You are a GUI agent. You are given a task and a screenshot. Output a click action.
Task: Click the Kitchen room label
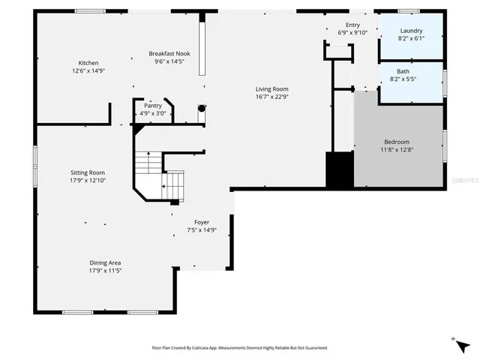click(88, 63)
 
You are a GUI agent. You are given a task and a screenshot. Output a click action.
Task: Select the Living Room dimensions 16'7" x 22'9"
click(272, 97)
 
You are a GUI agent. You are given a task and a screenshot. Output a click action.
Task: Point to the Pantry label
click(152, 106)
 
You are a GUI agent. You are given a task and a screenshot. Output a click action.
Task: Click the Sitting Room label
click(88, 172)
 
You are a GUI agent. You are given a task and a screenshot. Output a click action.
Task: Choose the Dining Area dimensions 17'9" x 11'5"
click(105, 271)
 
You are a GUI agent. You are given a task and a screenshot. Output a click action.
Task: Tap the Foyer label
click(202, 223)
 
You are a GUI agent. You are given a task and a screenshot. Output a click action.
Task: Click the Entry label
click(352, 25)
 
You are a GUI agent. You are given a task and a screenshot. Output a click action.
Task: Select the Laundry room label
click(412, 31)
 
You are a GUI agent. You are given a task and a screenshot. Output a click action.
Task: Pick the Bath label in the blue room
click(403, 71)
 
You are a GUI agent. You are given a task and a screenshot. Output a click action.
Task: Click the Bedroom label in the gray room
click(397, 142)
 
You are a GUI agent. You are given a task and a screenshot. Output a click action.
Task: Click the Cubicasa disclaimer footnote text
click(240, 348)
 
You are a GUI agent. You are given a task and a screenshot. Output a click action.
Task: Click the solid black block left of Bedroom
click(339, 169)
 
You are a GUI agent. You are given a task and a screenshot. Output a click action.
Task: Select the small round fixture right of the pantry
click(201, 108)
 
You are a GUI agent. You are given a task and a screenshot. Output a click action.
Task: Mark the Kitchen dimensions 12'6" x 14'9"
click(88, 71)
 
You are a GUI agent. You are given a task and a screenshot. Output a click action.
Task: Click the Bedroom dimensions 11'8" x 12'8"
click(397, 150)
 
